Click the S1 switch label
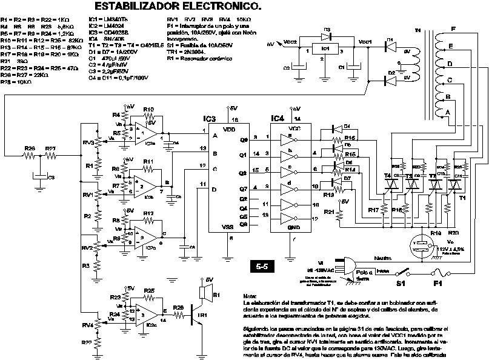400,283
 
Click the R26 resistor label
29,148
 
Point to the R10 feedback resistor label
148,109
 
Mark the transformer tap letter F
453,30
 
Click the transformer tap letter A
447,112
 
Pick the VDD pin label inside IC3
228,129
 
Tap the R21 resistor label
329,212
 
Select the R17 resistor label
374,210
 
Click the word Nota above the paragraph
249,293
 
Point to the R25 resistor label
149,291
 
